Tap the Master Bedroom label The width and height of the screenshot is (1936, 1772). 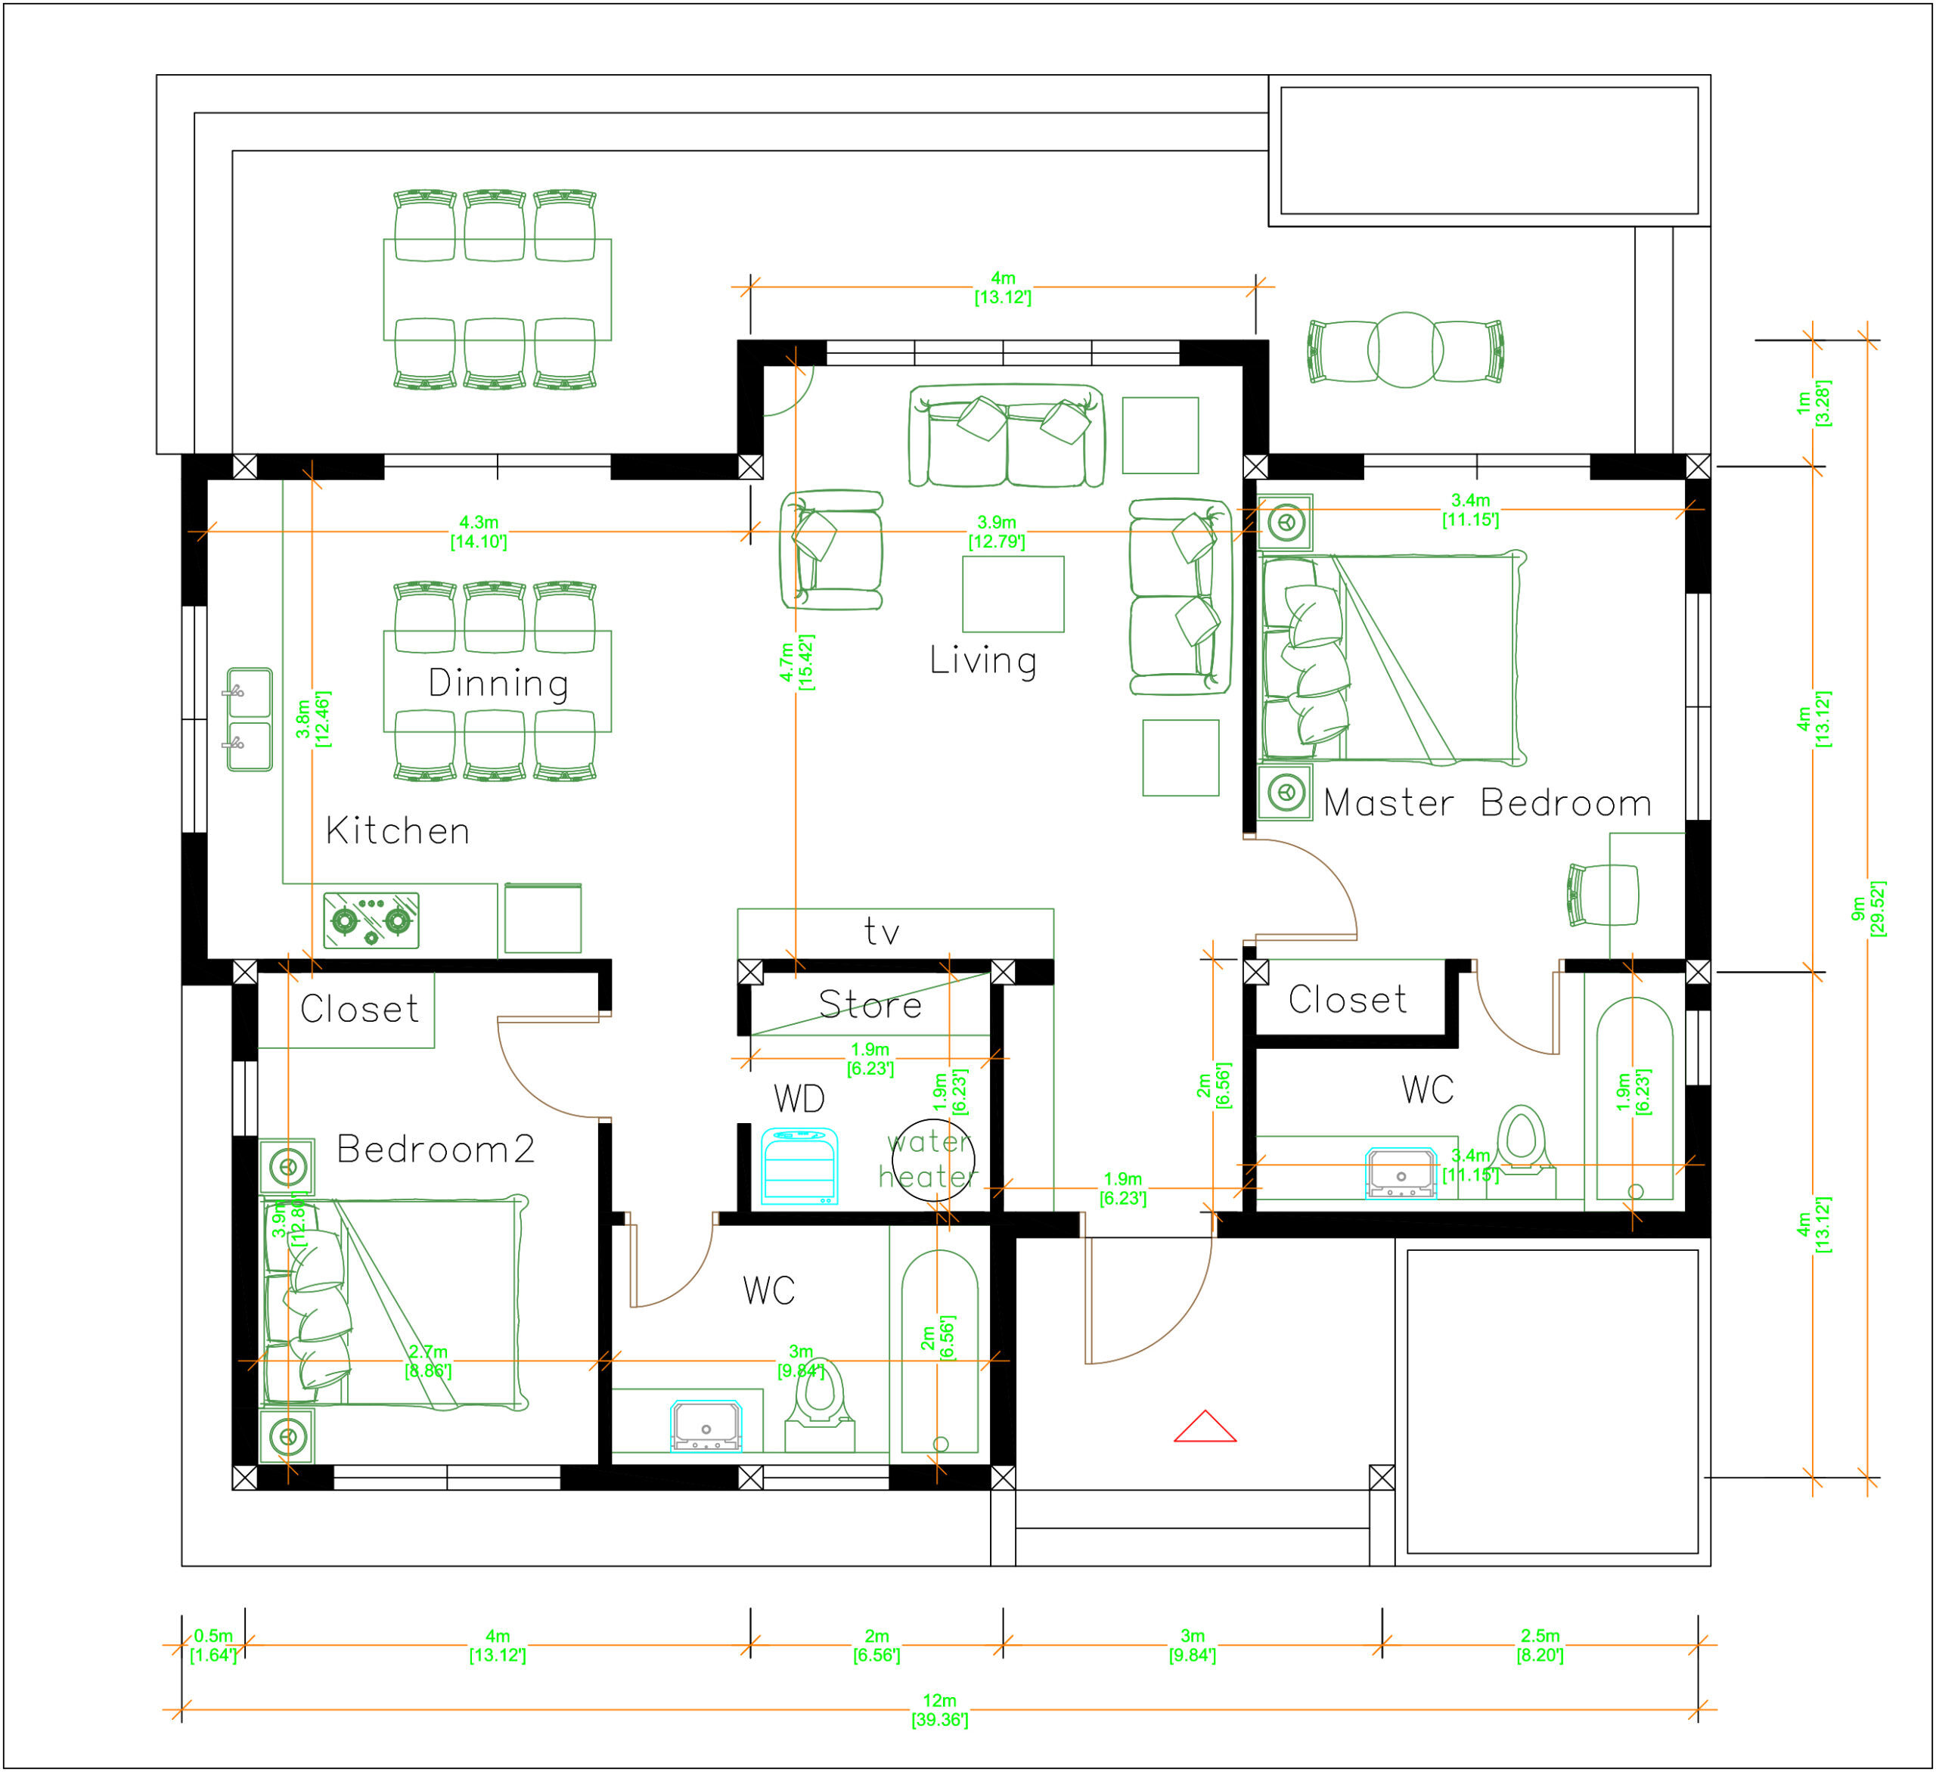point(1487,803)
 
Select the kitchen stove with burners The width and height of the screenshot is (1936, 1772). point(371,920)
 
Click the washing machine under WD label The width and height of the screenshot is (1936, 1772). point(799,1166)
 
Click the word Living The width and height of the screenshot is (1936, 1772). point(983,661)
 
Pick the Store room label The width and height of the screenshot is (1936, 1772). point(870,1004)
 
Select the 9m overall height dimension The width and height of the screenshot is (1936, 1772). point(1867,908)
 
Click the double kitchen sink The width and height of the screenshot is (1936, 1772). point(249,719)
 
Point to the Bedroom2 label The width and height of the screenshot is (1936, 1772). point(435,1150)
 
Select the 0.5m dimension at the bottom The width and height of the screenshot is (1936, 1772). point(213,1645)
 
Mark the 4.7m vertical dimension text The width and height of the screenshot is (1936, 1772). point(796,662)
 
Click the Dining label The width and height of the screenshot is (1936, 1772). point(498,683)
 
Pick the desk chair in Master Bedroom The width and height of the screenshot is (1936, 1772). point(1601,895)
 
